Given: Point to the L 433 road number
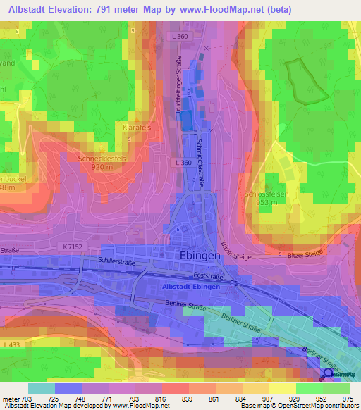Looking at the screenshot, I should click(11, 344).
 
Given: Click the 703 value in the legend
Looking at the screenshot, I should click(23, 399).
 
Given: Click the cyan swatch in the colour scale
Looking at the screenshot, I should click(41, 388).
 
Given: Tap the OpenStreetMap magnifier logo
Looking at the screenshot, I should click(328, 374).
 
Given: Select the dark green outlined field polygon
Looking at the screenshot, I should click(300, 80).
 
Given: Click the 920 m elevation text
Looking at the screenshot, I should click(102, 168).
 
